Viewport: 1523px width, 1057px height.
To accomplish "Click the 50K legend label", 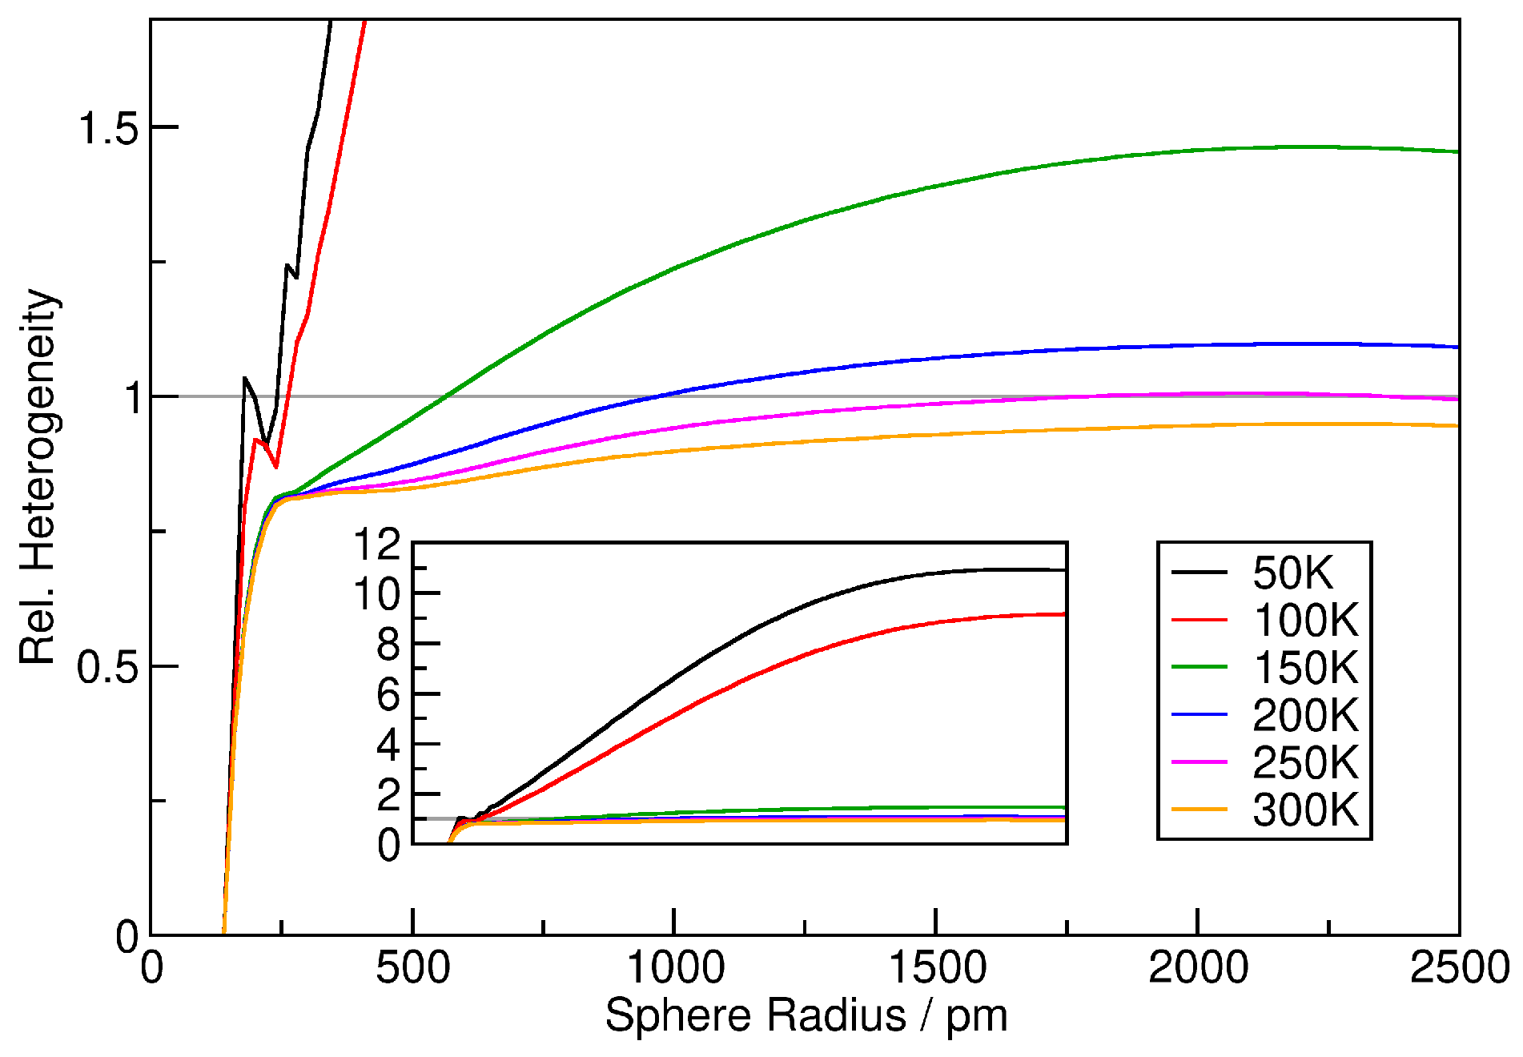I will pyautogui.click(x=1292, y=573).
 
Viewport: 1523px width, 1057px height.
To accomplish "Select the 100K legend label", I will pyautogui.click(x=1305, y=620).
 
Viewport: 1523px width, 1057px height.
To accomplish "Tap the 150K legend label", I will pyautogui.click(x=1305, y=667).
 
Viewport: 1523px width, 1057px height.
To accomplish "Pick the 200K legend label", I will pyautogui.click(x=1305, y=715).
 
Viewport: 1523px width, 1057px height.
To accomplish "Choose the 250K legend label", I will pyautogui.click(x=1305, y=762).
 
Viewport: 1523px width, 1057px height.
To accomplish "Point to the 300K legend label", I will pyautogui.click(x=1305, y=810).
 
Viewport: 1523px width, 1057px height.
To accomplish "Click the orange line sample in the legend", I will pyautogui.click(x=1199, y=810).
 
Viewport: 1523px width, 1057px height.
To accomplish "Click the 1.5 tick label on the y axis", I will pyautogui.click(x=107, y=128).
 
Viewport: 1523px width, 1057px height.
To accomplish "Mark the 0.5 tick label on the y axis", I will pyautogui.click(x=107, y=667).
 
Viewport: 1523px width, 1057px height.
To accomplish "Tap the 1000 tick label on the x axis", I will pyautogui.click(x=674, y=968).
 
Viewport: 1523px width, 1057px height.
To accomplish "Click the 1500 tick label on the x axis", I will pyautogui.click(x=937, y=968).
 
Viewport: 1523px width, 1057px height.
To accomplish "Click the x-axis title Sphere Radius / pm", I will pyautogui.click(x=806, y=1016).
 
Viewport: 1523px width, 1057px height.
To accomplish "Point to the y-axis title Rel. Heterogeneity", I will pyautogui.click(x=38, y=476).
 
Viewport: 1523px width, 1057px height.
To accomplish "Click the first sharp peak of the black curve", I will pyautogui.click(x=245, y=378).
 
